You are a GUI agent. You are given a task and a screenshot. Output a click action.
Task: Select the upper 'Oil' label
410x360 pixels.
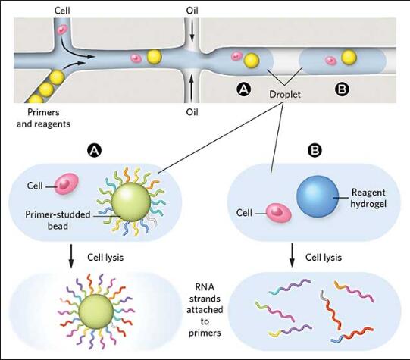click(x=192, y=11)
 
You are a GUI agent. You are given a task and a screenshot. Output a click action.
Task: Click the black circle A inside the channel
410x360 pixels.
click(x=243, y=89)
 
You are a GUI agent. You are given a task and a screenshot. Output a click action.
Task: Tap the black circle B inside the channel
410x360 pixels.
click(x=342, y=89)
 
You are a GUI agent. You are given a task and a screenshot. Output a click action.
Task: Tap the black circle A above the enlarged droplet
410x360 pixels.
click(x=95, y=150)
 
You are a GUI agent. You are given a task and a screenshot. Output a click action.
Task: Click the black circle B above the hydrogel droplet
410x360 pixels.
click(x=314, y=150)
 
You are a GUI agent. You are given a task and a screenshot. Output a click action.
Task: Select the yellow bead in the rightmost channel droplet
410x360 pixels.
click(x=349, y=57)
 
